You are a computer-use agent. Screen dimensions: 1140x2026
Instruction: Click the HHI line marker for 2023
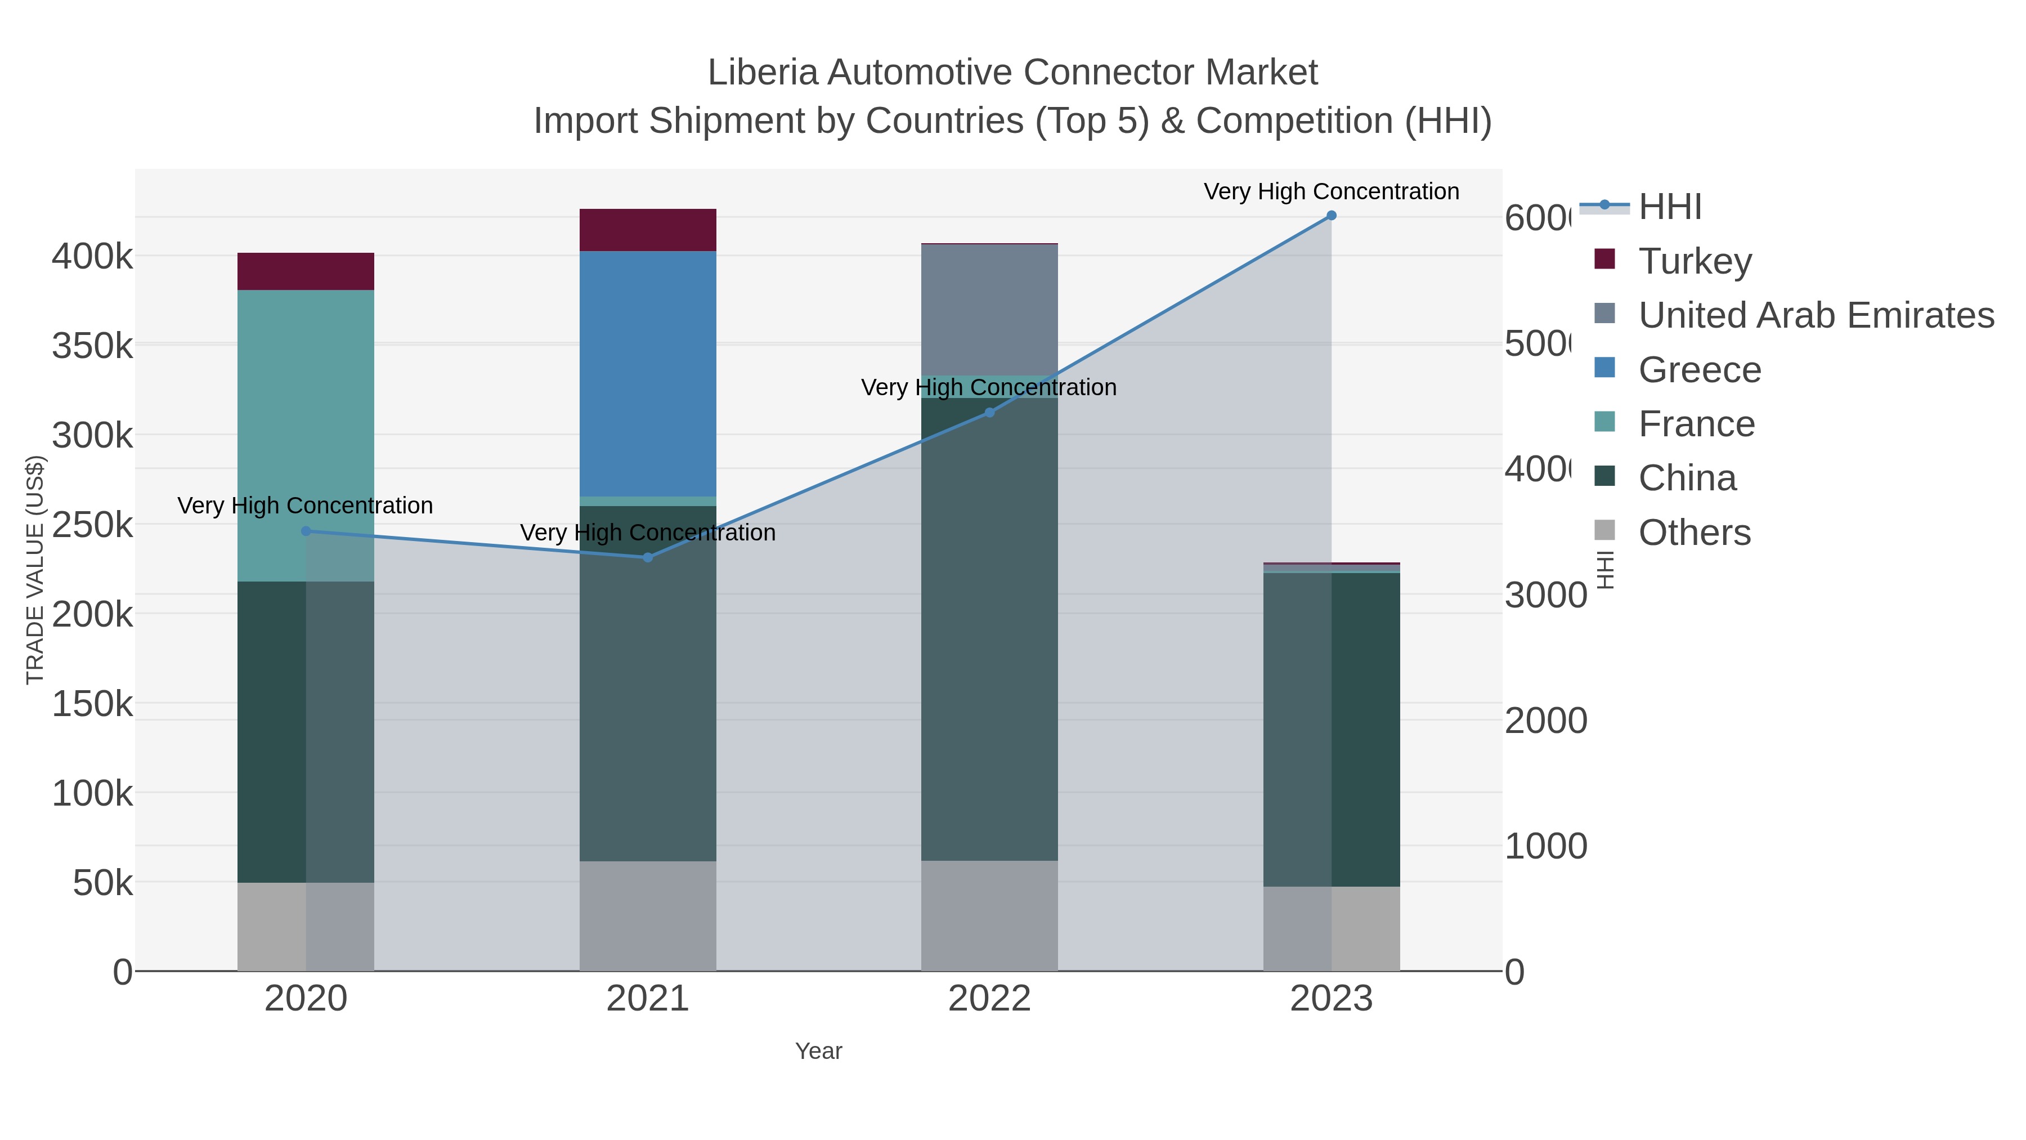coord(1331,216)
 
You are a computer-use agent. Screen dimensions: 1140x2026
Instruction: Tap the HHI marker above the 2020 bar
coord(306,531)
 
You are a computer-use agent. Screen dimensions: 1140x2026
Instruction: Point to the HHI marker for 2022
coord(989,413)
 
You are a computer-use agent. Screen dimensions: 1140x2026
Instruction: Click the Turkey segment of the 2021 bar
coord(647,230)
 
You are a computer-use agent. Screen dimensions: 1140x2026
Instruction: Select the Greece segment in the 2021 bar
coord(647,374)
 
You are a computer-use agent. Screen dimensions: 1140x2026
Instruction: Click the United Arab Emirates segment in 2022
coord(989,310)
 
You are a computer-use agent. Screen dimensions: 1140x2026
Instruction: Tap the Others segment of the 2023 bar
coord(1331,928)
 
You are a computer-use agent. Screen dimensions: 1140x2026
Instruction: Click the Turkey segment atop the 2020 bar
coord(306,271)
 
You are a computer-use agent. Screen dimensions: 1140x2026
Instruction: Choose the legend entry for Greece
coord(1699,370)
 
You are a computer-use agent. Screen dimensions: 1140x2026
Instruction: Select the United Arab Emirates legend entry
coord(1815,315)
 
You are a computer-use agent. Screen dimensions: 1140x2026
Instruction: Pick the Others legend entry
coord(1694,533)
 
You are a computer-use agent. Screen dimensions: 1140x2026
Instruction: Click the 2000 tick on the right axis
coord(1545,721)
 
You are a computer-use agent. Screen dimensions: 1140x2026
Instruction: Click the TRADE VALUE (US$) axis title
coord(35,570)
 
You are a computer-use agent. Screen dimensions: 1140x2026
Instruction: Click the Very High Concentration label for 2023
coord(1331,192)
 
